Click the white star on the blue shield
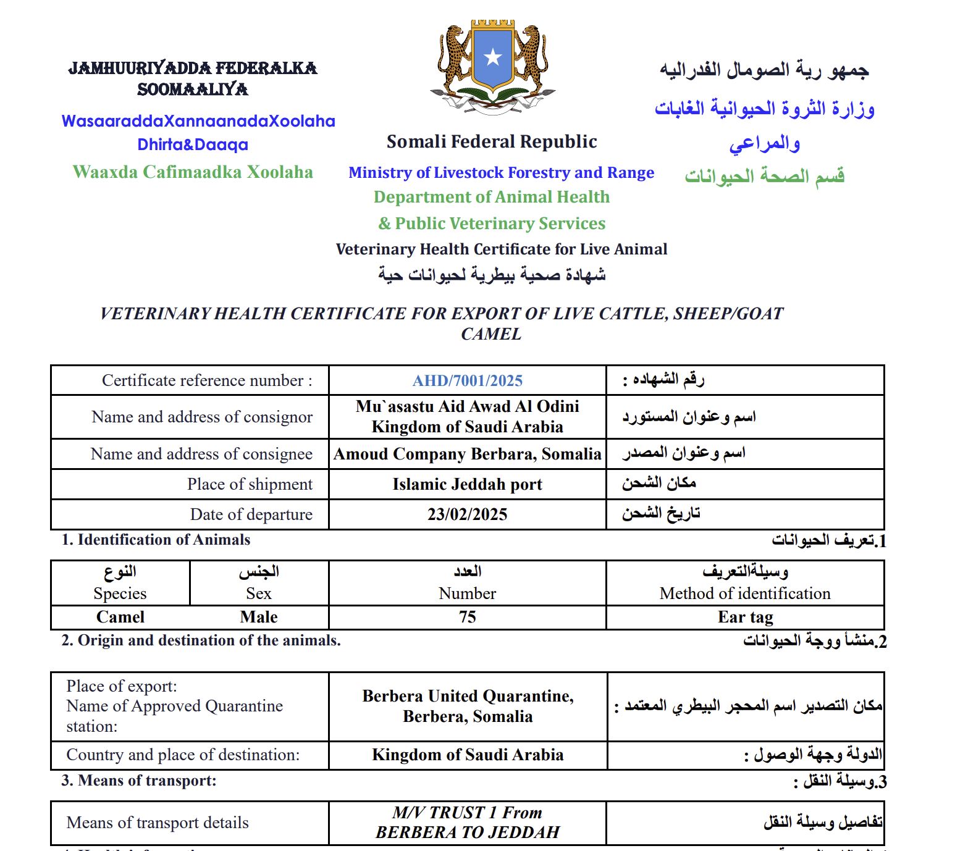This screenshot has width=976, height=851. coord(492,57)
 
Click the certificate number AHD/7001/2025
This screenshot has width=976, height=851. coord(467,380)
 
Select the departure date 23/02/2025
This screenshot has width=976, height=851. coord(467,514)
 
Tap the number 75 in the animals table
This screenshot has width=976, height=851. coord(467,617)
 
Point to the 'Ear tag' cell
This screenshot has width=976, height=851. coord(745,617)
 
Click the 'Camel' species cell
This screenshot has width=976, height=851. coord(120,617)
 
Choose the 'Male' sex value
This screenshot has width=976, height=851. coord(259,617)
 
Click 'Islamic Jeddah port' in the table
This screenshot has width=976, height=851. coord(467,484)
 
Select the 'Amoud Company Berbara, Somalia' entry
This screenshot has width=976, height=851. coord(467,454)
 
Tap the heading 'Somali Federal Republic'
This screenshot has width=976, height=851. coord(492,141)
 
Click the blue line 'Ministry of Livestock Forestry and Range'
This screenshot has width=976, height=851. coord(501,172)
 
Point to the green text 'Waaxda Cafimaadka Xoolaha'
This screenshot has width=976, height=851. coord(193,172)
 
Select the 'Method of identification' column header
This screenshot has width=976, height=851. coord(745,593)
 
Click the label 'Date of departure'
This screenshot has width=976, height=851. coord(251,514)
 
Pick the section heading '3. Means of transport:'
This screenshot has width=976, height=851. coord(139,781)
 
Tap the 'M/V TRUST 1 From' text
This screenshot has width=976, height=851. coord(467,813)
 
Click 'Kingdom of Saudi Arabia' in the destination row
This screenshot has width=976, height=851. coord(467,755)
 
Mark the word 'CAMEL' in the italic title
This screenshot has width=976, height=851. coord(491,334)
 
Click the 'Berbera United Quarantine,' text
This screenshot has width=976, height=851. coord(468,696)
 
